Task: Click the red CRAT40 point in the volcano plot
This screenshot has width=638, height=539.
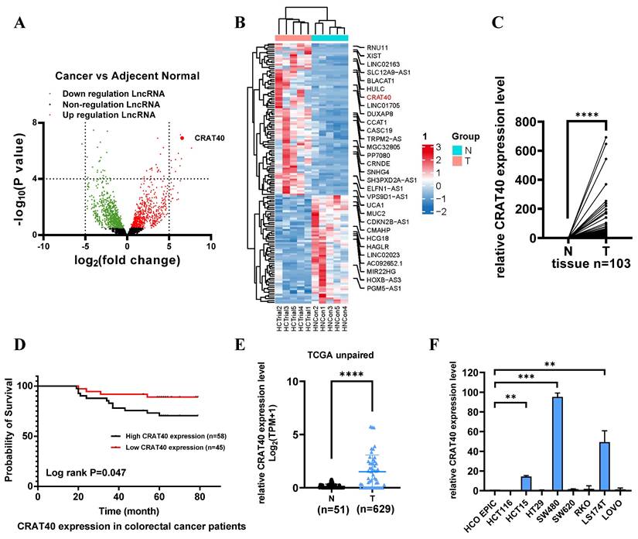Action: pyautogui.click(x=182, y=137)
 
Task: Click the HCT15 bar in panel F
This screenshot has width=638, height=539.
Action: pyautogui.click(x=526, y=482)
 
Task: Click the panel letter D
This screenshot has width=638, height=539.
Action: pyautogui.click(x=17, y=364)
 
